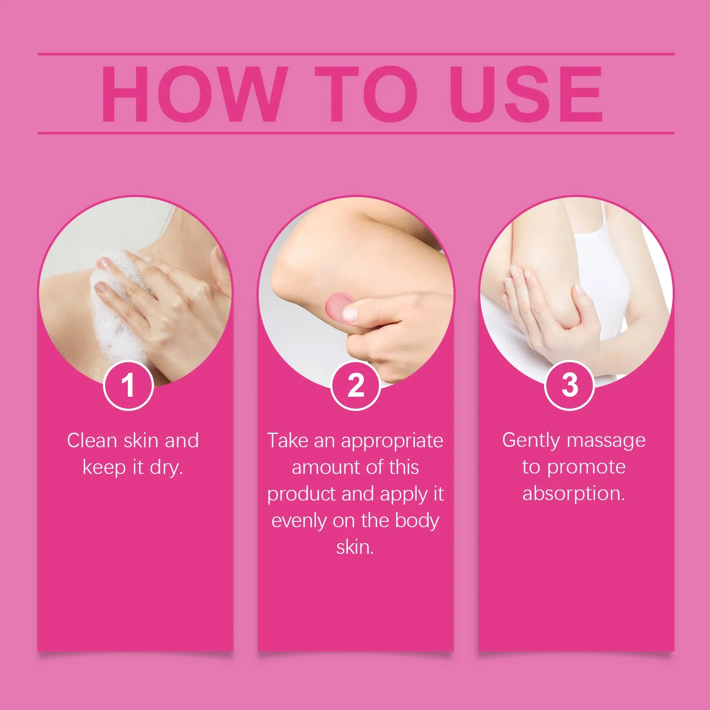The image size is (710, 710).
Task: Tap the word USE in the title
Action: coord(526,94)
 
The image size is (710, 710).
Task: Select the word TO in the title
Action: coord(366,94)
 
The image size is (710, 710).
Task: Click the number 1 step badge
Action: coord(128,385)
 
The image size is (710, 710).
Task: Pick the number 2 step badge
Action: coord(355,385)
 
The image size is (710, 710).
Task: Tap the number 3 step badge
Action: coord(569,385)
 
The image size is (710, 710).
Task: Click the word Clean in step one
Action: coord(92,441)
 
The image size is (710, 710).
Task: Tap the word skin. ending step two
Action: coord(355,547)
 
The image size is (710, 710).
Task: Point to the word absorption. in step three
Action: coord(574,494)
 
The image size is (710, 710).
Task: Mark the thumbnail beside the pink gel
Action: coord(351,313)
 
